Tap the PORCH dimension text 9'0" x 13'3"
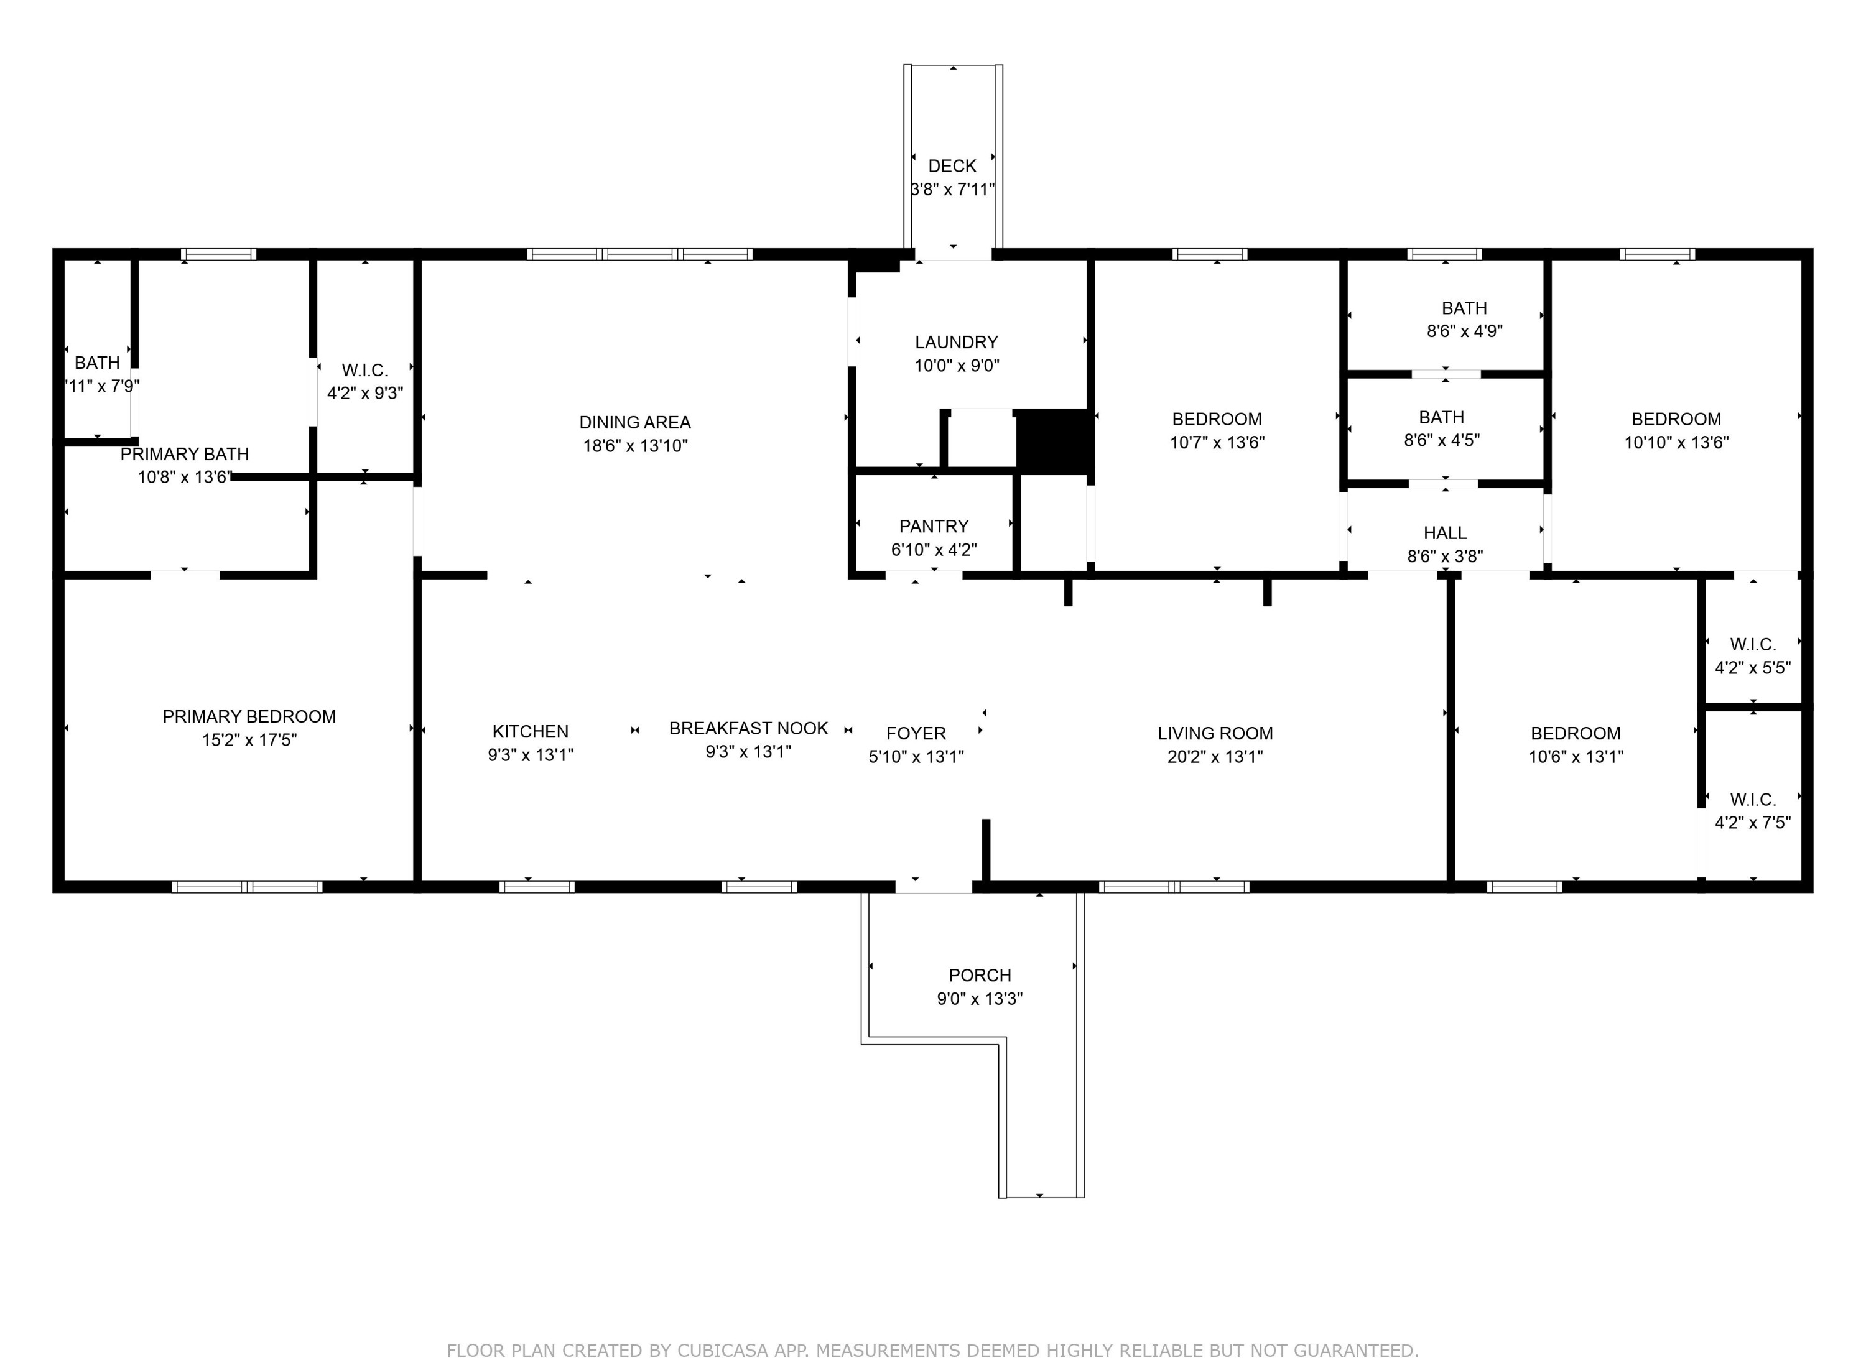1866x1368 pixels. [979, 999]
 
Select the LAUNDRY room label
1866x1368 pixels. [956, 343]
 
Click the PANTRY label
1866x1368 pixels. [934, 527]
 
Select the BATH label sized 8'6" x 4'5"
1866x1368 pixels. [1441, 417]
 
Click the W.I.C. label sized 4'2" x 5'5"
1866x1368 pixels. [1753, 644]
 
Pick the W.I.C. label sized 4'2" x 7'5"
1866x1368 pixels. [1753, 800]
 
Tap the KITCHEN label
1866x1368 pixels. [530, 732]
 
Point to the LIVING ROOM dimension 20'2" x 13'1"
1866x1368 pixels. [1214, 757]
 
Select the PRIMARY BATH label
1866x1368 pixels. [184, 455]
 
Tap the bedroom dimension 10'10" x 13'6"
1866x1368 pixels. [1676, 443]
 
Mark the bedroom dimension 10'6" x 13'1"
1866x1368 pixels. [1576, 757]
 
